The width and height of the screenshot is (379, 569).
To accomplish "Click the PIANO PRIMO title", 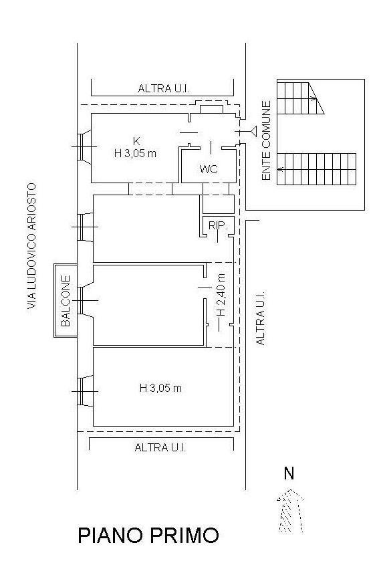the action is point(148,536).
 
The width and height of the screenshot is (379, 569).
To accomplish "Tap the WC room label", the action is point(209,168).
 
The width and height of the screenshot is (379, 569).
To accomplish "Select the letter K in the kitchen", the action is point(136,141).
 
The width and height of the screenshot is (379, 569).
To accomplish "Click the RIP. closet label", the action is point(218,226).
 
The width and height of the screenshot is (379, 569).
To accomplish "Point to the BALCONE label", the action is point(66,301).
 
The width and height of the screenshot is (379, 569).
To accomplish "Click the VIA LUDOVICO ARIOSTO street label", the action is point(32,246).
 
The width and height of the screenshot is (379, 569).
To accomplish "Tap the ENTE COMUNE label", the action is point(266,140).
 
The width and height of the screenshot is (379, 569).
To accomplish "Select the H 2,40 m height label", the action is point(221,295).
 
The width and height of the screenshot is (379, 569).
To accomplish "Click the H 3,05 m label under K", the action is point(135,154).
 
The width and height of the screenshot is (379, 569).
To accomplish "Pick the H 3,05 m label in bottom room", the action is point(160,388).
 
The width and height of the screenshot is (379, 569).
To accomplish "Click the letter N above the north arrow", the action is point(289,473).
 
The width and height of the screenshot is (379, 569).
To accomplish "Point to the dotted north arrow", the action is point(290,511).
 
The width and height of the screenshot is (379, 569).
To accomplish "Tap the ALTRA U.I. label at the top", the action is point(164,88).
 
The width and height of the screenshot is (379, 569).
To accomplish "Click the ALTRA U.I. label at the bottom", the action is point(160,447).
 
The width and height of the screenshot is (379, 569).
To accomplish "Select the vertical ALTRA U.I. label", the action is point(261,318).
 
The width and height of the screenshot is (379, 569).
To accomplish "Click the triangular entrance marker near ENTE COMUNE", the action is point(254,131).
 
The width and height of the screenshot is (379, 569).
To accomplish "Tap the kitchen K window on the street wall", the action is point(84,146).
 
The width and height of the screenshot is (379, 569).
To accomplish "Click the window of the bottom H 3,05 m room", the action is point(86,391).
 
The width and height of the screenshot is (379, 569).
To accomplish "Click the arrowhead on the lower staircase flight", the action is point(280,169).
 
